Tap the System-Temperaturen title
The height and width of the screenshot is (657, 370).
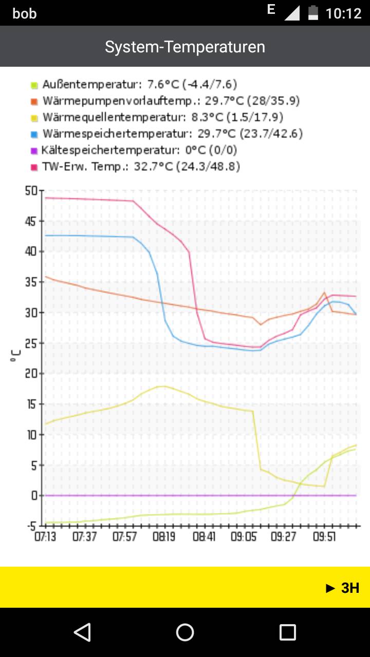pyautogui.click(x=185, y=47)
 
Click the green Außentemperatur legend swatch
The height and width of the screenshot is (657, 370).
pyautogui.click(x=34, y=85)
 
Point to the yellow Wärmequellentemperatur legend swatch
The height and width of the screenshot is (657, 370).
pyautogui.click(x=34, y=118)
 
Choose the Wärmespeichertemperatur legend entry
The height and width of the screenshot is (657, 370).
pyautogui.click(x=173, y=134)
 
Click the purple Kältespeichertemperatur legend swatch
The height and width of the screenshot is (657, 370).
pyautogui.click(x=34, y=150)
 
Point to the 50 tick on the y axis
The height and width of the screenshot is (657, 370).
pyautogui.click(x=32, y=191)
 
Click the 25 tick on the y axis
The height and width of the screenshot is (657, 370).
pyautogui.click(x=32, y=343)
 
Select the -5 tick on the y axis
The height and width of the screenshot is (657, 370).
pyautogui.click(x=32, y=526)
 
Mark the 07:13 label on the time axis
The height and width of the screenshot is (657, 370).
pyautogui.click(x=45, y=537)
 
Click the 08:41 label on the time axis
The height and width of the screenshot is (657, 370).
pyautogui.click(x=204, y=537)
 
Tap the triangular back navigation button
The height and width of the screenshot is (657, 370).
pyautogui.click(x=82, y=632)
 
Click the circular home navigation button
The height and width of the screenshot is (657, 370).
pyautogui.click(x=185, y=632)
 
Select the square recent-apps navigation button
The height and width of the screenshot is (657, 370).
pyautogui.click(x=288, y=632)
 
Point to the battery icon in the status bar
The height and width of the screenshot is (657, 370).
pyautogui.click(x=313, y=13)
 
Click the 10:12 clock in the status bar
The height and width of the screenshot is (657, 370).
pyautogui.click(x=343, y=13)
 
